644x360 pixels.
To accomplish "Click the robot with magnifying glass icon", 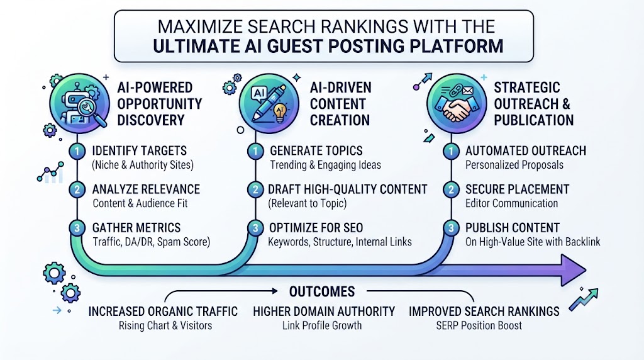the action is coord(79,104).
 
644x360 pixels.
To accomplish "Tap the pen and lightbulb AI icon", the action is coord(269,104).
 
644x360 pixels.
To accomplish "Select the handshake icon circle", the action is coord(457,104).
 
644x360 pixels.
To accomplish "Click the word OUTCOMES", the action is coord(322,291).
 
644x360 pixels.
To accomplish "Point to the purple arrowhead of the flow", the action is coord(573,270).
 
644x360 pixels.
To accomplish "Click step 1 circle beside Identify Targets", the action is coord(77,151).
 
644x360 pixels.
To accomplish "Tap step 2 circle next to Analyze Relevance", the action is coord(77,189).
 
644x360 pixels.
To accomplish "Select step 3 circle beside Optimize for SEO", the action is coord(255,228).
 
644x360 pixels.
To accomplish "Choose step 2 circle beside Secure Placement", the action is coord(451,189).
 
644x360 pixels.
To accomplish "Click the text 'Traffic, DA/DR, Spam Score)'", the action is coord(151,242).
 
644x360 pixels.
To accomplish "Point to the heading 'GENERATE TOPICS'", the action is coord(316,151).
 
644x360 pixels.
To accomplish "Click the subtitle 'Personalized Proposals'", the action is coord(514,165).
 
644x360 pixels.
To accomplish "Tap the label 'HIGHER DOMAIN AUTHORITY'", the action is coord(324,312).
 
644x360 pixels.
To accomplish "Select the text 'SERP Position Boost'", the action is coord(479,325).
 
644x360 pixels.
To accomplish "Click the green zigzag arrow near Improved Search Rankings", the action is coord(583,299).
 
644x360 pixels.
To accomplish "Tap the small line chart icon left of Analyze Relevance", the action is coord(50,172).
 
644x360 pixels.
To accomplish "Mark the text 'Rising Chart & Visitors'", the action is coord(165,325).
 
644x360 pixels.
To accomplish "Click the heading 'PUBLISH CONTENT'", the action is coord(513,228).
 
